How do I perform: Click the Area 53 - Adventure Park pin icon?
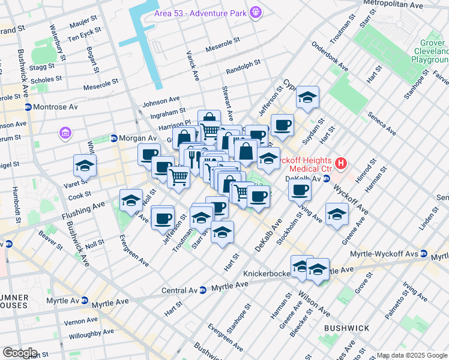(x=256, y=11)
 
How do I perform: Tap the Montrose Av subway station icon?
(x=28, y=107)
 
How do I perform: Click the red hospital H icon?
(x=341, y=163)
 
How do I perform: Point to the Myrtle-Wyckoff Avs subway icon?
(x=424, y=256)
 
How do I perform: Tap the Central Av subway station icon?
(x=202, y=290)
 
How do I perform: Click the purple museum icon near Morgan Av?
(x=65, y=132)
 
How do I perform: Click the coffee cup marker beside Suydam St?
(x=282, y=125)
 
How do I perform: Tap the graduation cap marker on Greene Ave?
(x=337, y=214)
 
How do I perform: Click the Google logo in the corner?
(x=19, y=353)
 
